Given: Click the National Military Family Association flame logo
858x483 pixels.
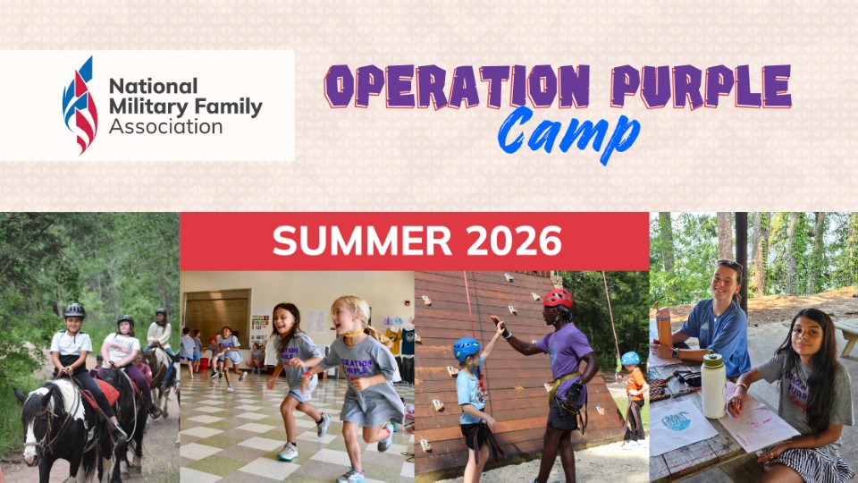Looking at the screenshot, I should [80, 106].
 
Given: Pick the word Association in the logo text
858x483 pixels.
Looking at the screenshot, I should [165, 127].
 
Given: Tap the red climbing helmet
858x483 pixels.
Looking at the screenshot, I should [559, 298].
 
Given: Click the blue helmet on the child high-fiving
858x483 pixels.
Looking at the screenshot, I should [467, 348].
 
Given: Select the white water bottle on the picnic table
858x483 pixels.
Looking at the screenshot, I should [713, 386].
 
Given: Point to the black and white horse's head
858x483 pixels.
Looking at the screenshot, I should [45, 419].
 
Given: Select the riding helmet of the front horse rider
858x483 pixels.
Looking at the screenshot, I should [74, 310].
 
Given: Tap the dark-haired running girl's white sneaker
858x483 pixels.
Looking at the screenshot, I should [288, 452].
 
